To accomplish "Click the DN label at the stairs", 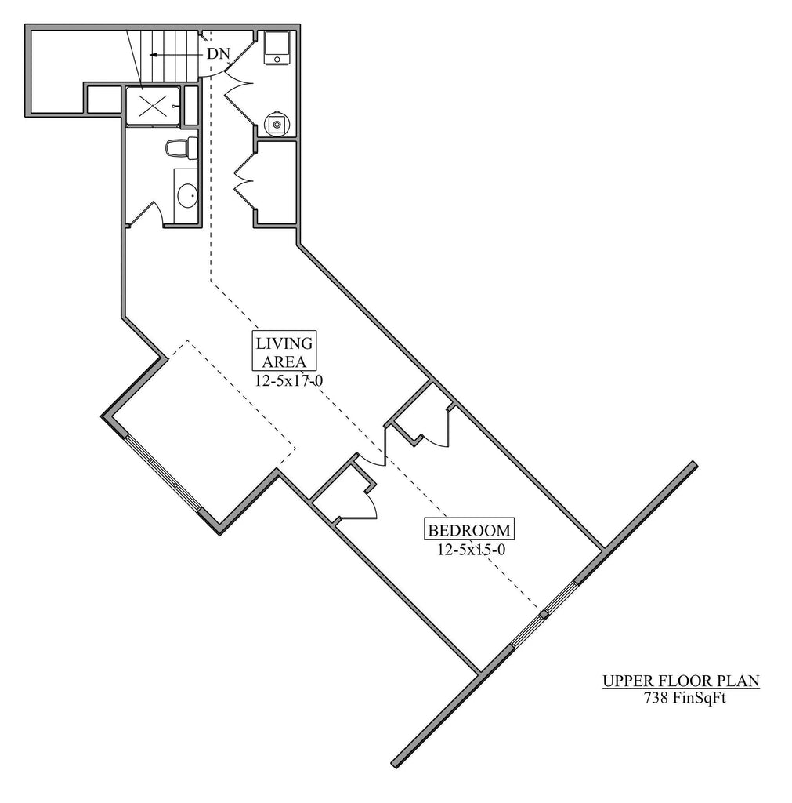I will (x=219, y=54).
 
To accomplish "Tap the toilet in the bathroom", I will (x=181, y=147).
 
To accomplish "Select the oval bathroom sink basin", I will (x=187, y=195).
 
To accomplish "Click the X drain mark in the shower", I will (x=153, y=107).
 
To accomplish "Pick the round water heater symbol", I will (x=277, y=123).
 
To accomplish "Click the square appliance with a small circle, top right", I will (x=277, y=48).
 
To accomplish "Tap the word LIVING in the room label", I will (x=284, y=343).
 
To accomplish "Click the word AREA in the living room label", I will (x=284, y=361).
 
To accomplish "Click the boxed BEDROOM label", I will (x=469, y=530).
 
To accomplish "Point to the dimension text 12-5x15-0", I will (x=472, y=550).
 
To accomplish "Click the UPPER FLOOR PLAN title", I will (x=680, y=681).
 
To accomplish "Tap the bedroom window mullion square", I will (x=544, y=613).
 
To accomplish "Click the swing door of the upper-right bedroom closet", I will (x=437, y=427).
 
